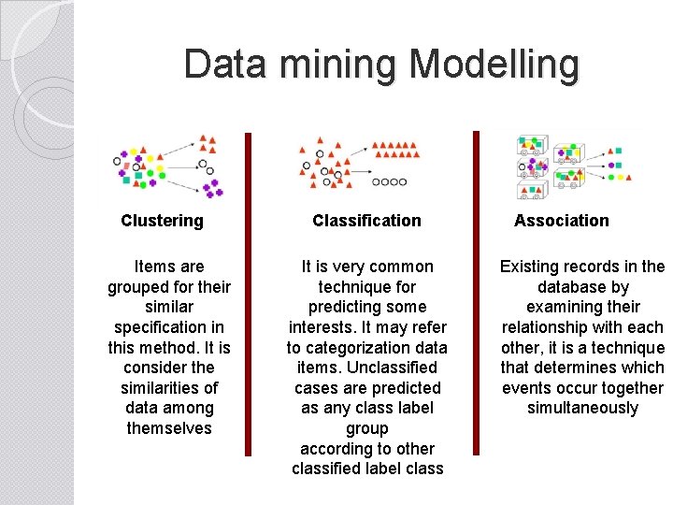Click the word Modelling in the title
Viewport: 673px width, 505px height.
pos(494,65)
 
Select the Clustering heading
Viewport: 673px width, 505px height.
pos(162,221)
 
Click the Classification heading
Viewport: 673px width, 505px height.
pos(366,221)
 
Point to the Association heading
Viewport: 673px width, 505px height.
pos(561,221)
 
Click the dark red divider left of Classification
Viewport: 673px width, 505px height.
pos(249,294)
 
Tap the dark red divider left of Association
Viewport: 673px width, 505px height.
pos(476,294)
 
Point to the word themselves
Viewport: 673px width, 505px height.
pos(169,428)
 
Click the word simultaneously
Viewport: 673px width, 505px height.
pos(582,408)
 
